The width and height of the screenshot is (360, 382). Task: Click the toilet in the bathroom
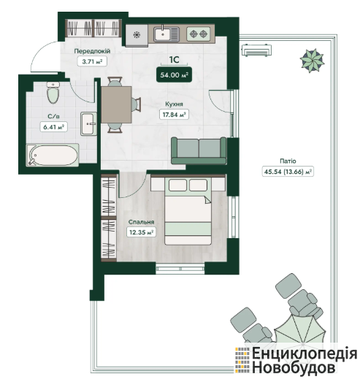point(53,93)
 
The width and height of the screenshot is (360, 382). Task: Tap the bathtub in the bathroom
point(53,155)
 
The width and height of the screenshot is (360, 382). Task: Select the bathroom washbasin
point(88,123)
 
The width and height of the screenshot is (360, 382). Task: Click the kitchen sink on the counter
point(166,34)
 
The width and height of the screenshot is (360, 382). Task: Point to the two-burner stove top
point(199,34)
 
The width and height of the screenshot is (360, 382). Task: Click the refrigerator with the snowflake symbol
point(137,35)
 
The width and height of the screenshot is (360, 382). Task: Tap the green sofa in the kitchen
point(199,150)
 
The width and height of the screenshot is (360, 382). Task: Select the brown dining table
point(116,104)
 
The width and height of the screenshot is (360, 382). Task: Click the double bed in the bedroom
point(188,211)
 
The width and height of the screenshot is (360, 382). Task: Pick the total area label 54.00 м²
point(174,75)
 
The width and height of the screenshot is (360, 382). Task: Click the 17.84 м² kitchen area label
point(174,114)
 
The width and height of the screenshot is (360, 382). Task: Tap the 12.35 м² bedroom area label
point(141,232)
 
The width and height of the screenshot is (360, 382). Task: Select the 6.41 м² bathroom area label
point(53,127)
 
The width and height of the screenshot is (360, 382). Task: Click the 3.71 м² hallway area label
point(92,61)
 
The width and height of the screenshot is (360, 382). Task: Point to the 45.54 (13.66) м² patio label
point(288,172)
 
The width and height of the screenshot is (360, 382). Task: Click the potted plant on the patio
point(313,61)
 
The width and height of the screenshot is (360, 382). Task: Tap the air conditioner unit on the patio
point(257,50)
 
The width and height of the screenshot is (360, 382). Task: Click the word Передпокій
point(92,51)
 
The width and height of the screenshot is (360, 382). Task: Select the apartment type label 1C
point(174,59)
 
